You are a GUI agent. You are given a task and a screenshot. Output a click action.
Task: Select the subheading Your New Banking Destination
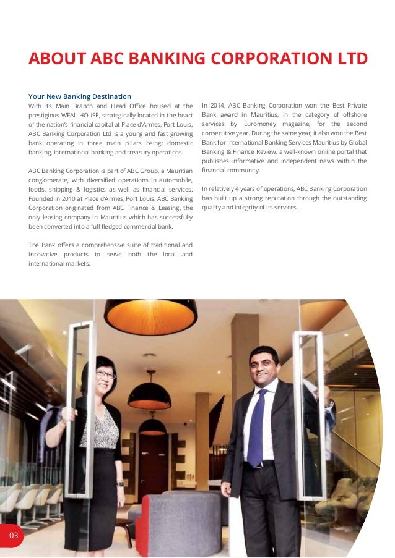coord(80,96)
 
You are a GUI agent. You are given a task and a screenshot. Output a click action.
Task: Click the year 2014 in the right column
coord(220,106)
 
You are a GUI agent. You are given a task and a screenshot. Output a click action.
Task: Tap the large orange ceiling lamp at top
coord(150,315)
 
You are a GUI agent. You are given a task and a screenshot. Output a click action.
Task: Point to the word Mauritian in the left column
coord(179,170)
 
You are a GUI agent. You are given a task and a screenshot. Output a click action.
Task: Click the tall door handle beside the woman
coord(80,408)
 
